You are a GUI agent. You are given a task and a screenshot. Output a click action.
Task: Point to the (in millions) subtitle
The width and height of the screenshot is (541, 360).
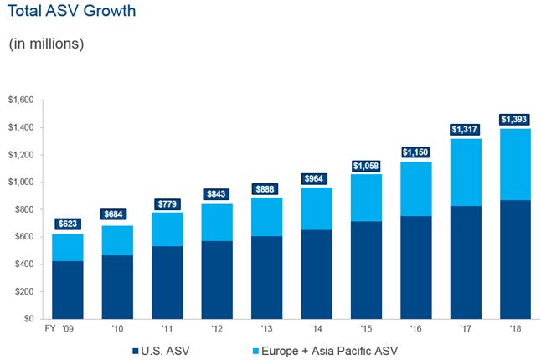(48, 44)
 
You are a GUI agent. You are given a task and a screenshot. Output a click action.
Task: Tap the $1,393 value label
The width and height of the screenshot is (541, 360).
(515, 119)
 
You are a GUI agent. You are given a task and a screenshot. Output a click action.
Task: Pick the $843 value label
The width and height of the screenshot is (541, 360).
(218, 194)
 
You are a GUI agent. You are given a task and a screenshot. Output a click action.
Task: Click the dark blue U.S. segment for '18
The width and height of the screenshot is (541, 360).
(515, 260)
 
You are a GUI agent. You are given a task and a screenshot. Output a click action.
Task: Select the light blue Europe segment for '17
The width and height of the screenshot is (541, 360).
(466, 172)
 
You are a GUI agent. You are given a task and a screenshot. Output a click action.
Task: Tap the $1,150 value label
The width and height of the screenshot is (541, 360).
(416, 152)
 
